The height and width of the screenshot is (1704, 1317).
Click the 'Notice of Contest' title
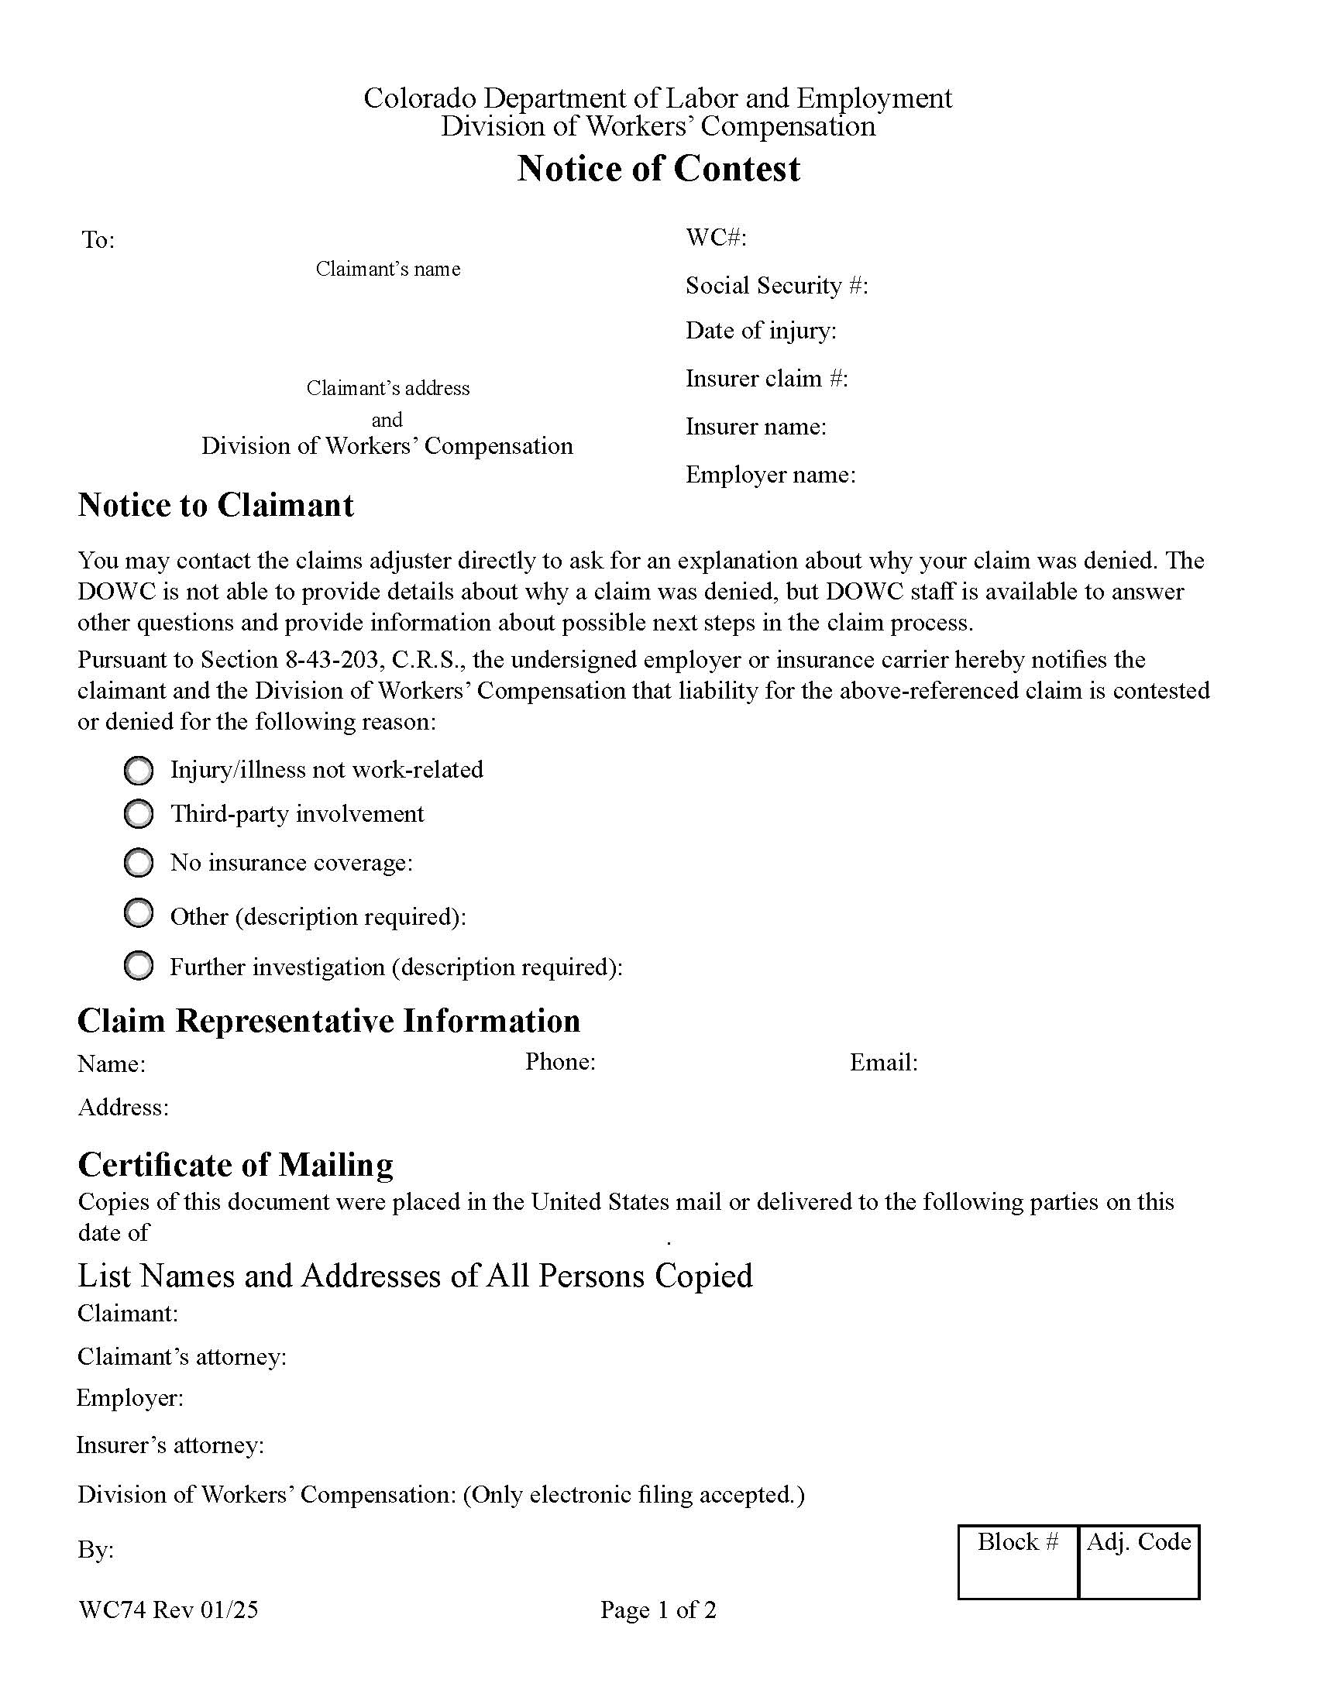(x=658, y=169)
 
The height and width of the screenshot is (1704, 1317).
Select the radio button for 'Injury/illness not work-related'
(x=139, y=771)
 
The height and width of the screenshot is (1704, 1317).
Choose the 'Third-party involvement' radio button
(x=139, y=815)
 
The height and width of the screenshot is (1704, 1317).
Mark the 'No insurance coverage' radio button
(x=139, y=863)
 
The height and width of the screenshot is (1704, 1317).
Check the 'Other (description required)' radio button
(x=139, y=914)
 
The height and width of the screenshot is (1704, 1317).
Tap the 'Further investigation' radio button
(x=139, y=966)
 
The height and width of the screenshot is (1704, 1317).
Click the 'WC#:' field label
(x=716, y=237)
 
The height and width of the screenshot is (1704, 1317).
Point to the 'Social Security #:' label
(x=776, y=286)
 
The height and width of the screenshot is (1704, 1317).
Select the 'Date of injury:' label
(x=761, y=331)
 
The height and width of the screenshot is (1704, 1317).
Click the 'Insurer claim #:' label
(x=766, y=379)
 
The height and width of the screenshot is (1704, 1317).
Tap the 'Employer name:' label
(x=770, y=474)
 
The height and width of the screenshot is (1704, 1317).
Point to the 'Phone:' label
(x=560, y=1062)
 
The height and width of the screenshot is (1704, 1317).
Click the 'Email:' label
(x=883, y=1063)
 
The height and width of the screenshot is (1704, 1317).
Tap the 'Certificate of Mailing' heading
(x=236, y=1165)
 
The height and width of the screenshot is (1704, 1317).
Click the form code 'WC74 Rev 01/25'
(x=168, y=1610)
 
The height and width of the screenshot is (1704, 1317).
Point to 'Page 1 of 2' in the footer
(x=658, y=1610)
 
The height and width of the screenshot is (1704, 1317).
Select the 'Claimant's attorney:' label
(x=182, y=1357)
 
